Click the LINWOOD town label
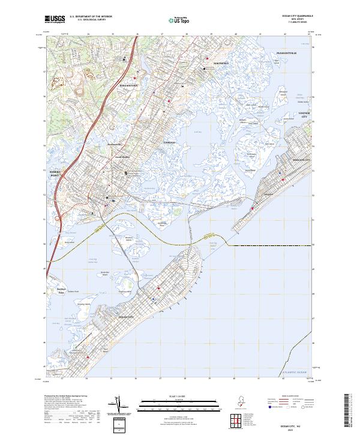click(169, 143)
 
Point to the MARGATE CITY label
click(301, 161)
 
